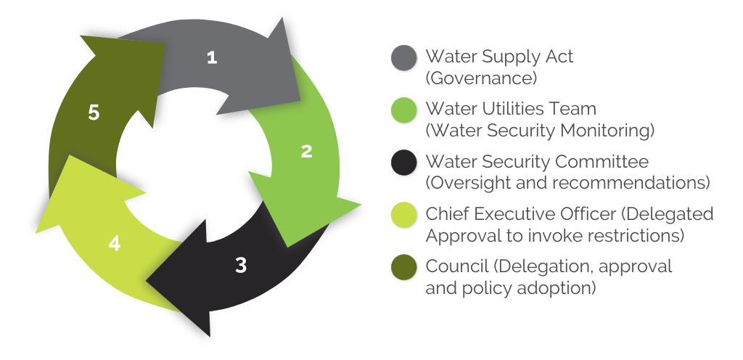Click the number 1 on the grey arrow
212,58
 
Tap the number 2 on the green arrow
307,151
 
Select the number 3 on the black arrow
241,265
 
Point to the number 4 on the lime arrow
113,243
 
